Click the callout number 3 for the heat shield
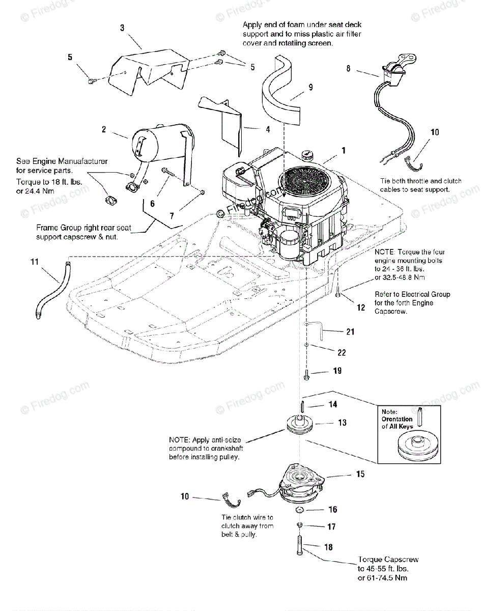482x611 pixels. [122, 28]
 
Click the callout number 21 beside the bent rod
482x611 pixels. [350, 331]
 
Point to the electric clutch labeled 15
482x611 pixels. [301, 486]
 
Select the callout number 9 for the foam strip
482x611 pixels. [310, 87]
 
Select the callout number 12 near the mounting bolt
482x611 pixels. [360, 308]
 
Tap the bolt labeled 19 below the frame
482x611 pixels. [306, 375]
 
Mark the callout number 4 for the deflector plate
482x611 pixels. [268, 129]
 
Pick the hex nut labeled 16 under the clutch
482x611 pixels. [300, 510]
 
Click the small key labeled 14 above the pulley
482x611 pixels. [303, 404]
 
